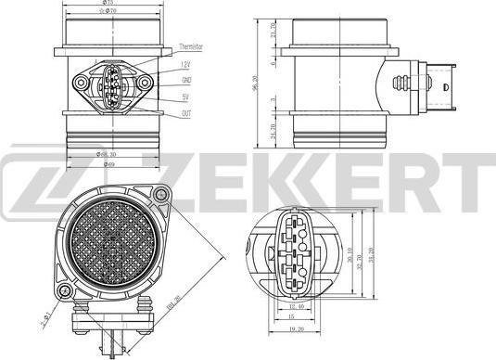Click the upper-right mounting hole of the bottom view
point(163,193)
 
